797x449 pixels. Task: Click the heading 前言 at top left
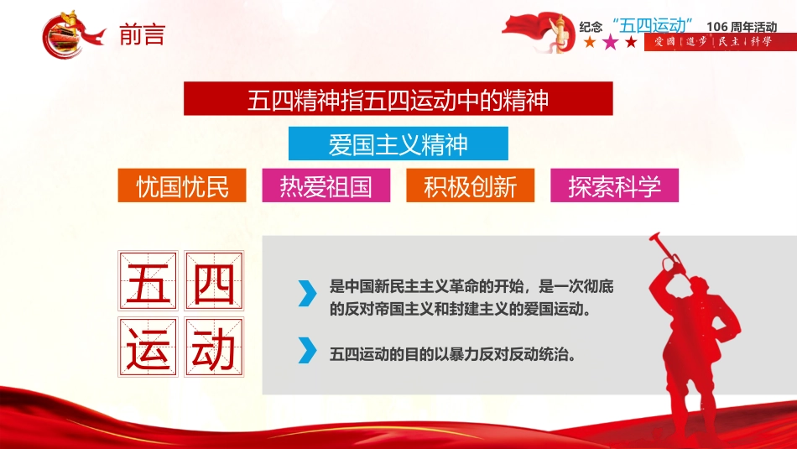coord(143,34)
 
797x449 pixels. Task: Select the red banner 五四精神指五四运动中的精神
coord(398,99)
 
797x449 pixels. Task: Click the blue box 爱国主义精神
coord(398,144)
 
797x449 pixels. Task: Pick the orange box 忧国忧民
coord(182,185)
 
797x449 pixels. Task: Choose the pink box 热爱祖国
coord(326,185)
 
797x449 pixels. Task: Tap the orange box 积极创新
coord(470,185)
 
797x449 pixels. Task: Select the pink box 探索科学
coord(614,185)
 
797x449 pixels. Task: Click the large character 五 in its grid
coord(148,280)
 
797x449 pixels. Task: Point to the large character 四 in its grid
coord(214,280)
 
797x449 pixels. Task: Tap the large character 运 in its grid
coord(148,347)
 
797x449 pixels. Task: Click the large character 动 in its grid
coord(214,347)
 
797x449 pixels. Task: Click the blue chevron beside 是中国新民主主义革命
coord(307,294)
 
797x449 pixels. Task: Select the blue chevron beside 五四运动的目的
coord(307,350)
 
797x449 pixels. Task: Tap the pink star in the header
coord(610,42)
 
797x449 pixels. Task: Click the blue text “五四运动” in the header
coord(653,25)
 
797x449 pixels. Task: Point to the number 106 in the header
coord(716,27)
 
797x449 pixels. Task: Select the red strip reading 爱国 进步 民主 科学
coord(721,42)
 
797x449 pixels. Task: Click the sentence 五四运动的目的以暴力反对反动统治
coord(453,354)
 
